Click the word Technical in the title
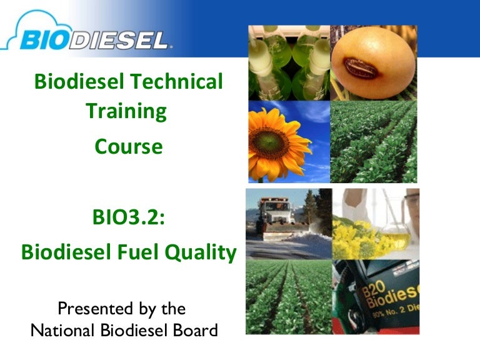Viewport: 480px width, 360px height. tap(177, 81)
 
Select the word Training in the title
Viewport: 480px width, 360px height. tap(126, 112)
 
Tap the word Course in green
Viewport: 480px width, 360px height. tap(129, 147)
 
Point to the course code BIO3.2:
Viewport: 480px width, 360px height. tap(129, 217)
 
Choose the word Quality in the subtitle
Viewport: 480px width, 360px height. tap(201, 253)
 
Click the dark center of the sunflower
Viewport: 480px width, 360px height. tap(269, 141)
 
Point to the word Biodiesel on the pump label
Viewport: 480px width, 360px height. tap(392, 296)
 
